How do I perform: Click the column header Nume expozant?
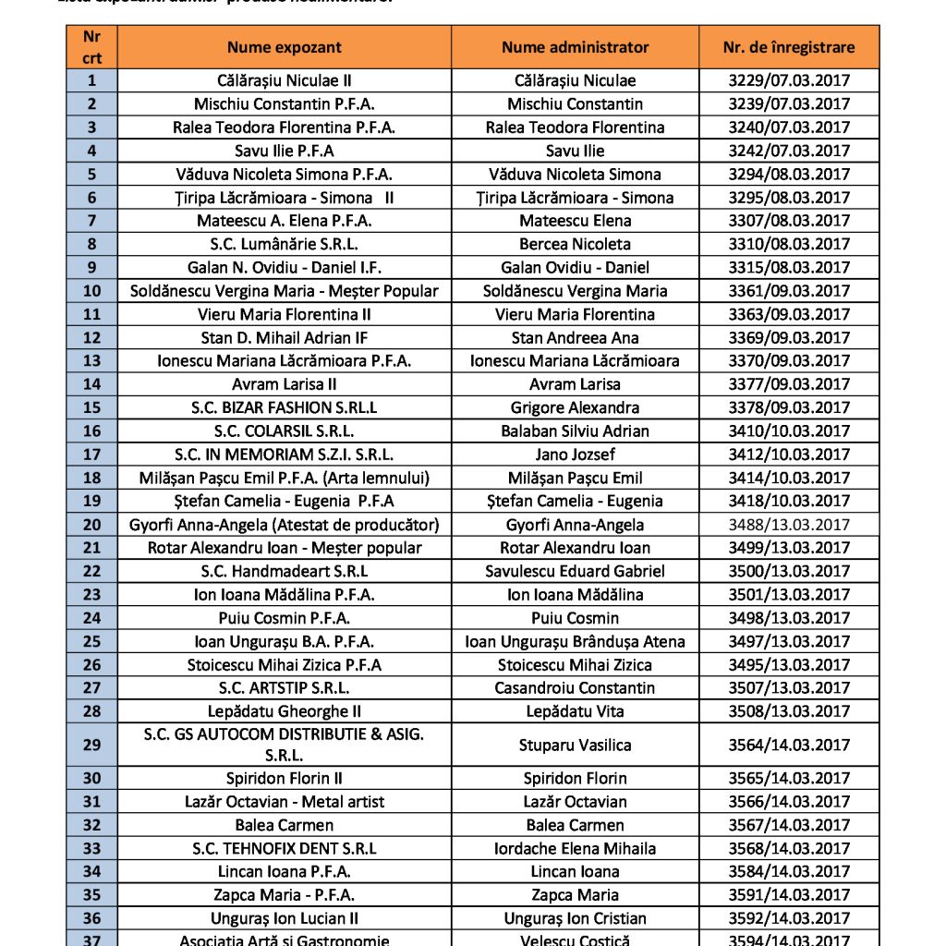285,47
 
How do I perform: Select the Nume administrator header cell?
575,47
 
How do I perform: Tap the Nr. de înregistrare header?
789,47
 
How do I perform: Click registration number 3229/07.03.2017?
789,80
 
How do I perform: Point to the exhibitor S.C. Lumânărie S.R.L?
285,244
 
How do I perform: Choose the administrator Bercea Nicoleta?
575,244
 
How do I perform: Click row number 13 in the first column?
91,360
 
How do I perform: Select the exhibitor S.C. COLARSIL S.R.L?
285,431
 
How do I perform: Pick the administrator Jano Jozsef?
575,454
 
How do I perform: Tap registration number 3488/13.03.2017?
789,525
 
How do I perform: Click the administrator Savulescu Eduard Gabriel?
575,571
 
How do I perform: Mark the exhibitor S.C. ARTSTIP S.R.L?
285,687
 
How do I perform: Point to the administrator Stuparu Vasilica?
575,745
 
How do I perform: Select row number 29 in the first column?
91,745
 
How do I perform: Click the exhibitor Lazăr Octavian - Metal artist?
285,802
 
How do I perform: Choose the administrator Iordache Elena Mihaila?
575,848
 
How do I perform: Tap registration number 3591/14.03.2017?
789,894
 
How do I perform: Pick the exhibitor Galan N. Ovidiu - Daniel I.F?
285,267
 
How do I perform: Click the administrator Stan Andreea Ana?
575,337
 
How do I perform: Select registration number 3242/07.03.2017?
789,151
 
